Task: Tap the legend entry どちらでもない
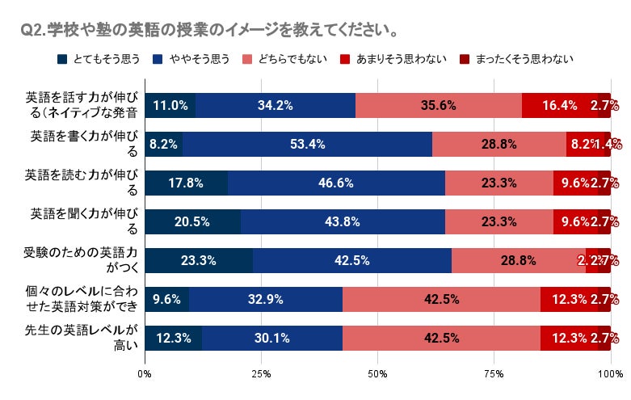[x=287, y=58]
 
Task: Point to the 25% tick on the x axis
[x=261, y=374]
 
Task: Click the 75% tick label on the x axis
[x=494, y=374]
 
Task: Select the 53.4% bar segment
[x=307, y=144]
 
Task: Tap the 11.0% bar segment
[x=170, y=105]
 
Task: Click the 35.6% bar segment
[x=439, y=105]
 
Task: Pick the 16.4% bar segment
[x=560, y=105]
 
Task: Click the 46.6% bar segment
[x=336, y=183]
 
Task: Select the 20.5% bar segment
[x=192, y=221]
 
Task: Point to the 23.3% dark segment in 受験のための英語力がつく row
[x=199, y=260]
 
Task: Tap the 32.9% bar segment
[x=266, y=299]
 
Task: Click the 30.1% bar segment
[x=272, y=338]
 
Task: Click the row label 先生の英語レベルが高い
[x=81, y=338]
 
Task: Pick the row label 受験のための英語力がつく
[x=81, y=260]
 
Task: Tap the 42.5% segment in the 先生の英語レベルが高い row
[x=441, y=338]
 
